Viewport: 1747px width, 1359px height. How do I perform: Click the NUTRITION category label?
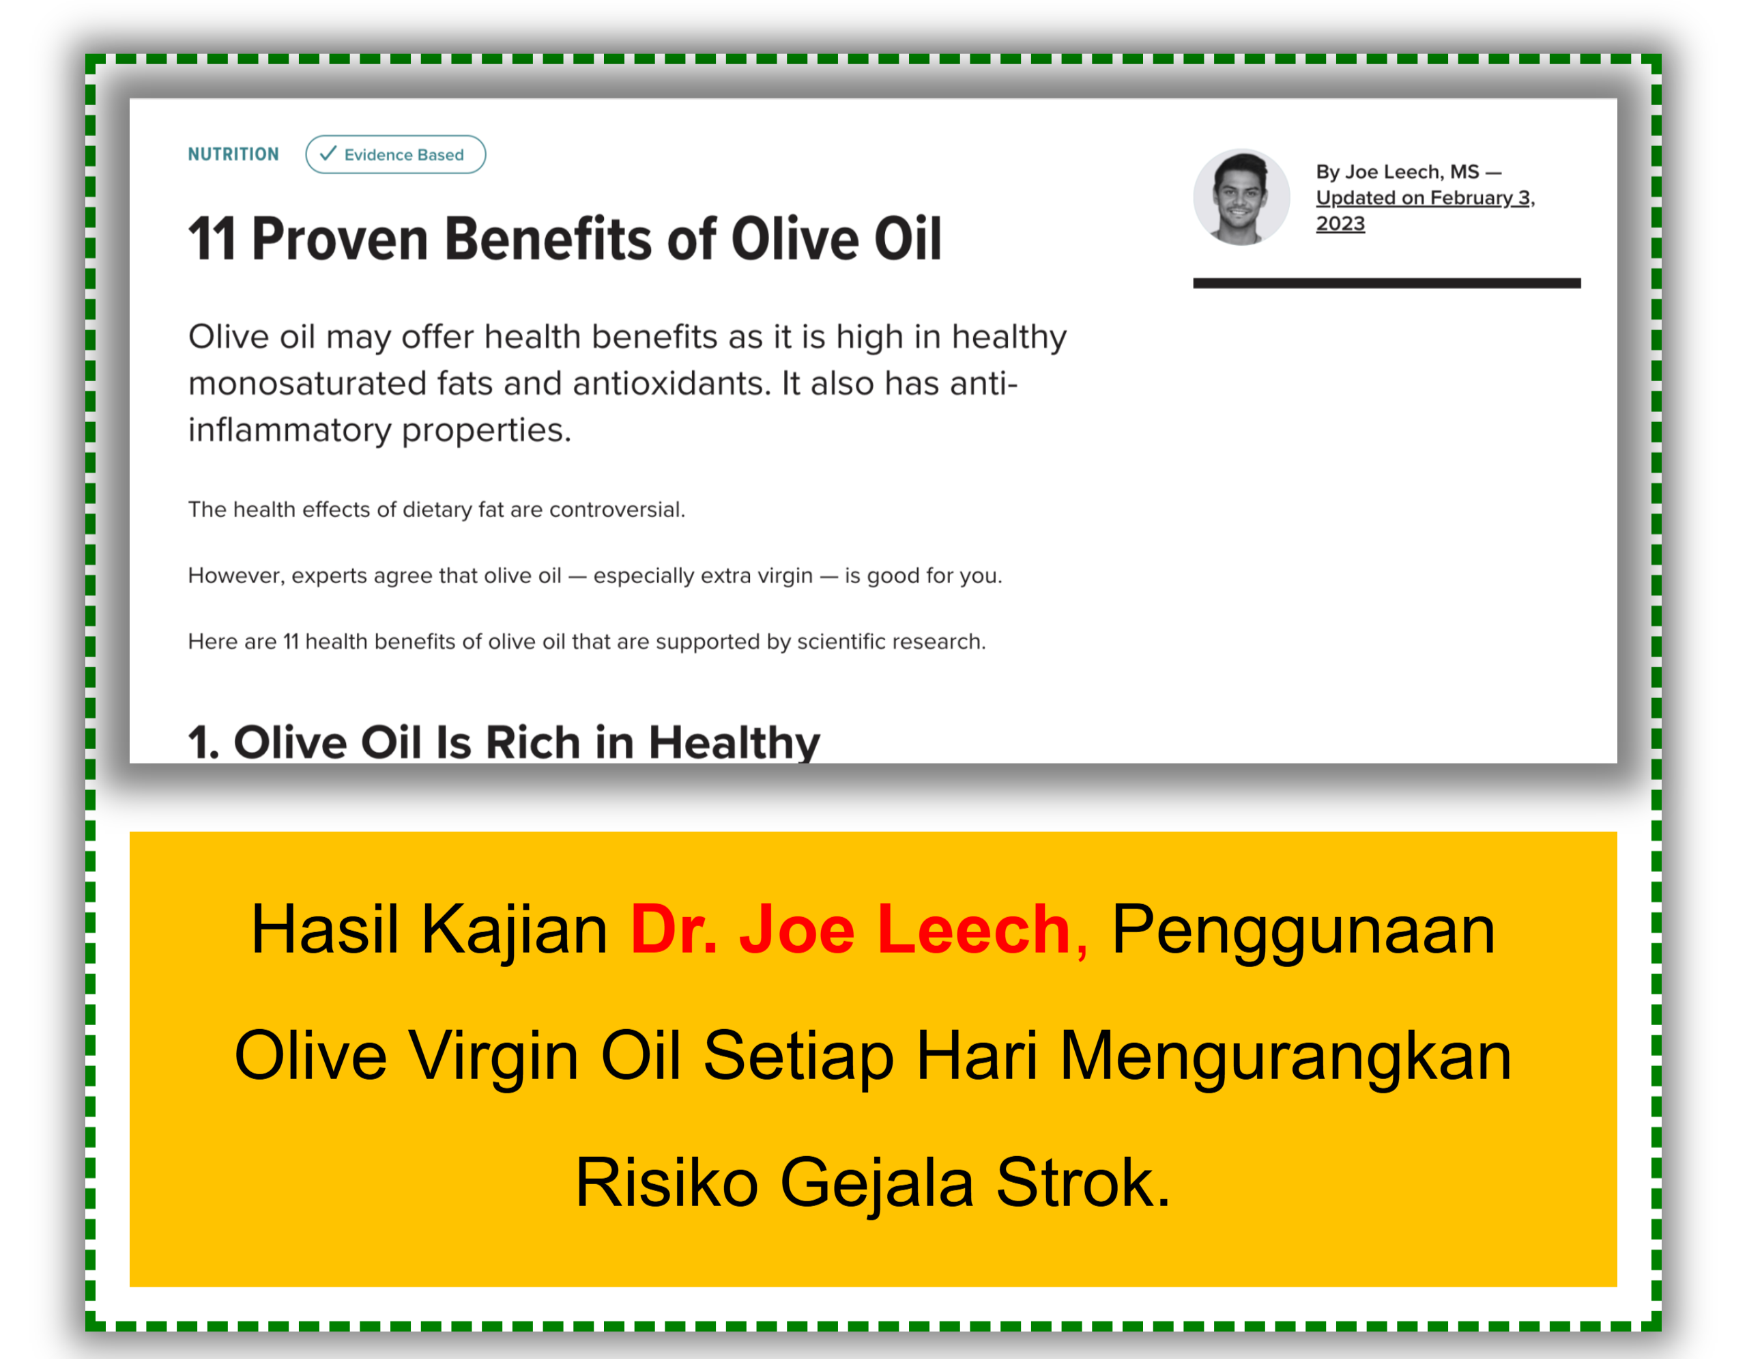233,154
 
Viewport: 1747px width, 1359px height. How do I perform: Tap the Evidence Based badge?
395,154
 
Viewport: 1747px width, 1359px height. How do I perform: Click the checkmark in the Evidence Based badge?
328,154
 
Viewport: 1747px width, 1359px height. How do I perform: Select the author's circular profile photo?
1241,197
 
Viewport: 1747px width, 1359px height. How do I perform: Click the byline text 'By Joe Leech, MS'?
1398,172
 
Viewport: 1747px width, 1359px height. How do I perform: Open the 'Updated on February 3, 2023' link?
1426,210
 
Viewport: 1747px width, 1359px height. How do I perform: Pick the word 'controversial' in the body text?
617,510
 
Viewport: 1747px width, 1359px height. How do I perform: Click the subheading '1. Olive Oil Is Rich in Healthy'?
504,743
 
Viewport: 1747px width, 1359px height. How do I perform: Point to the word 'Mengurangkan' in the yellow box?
1286,1057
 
